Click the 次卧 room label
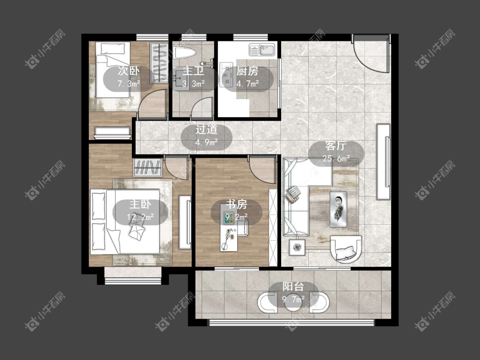point(128,71)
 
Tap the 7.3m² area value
point(129,83)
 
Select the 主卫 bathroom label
point(193,71)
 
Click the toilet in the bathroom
point(184,53)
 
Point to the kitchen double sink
point(262,49)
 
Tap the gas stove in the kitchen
point(226,73)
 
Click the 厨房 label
point(247,71)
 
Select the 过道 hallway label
point(207,130)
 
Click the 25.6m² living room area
point(337,159)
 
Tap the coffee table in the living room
point(338,209)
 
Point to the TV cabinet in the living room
point(383,162)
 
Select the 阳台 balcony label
point(293,287)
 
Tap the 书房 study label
point(237,204)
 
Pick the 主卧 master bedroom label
point(140,204)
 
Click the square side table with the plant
point(297,247)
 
